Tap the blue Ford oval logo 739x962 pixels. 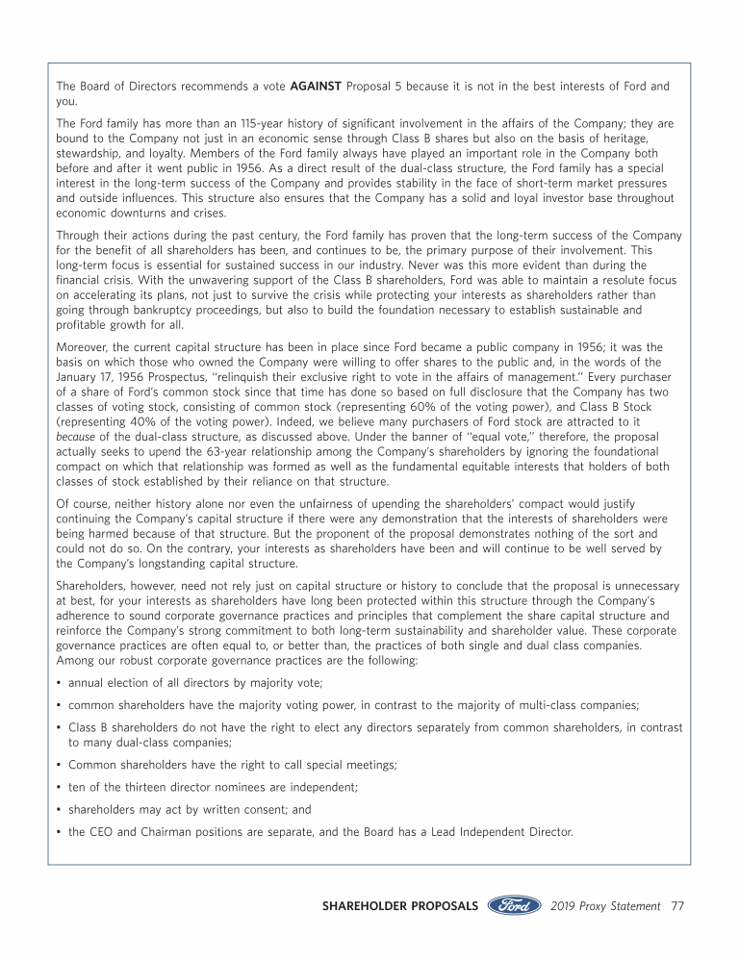click(x=514, y=906)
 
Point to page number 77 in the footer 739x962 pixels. click(x=677, y=906)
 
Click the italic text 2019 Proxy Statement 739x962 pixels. click(x=606, y=906)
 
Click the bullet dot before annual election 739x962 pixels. click(x=60, y=682)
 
